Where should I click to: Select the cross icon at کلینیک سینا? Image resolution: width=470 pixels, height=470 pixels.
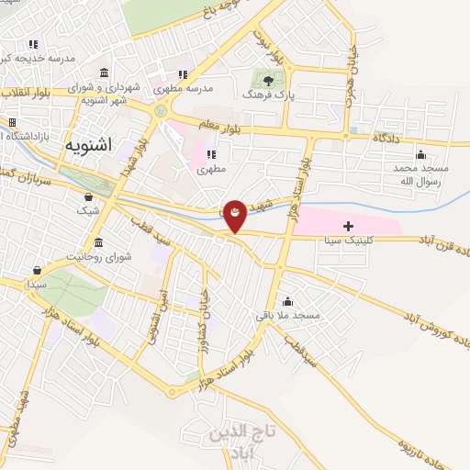point(348,226)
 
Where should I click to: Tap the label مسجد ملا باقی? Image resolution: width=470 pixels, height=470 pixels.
point(289,315)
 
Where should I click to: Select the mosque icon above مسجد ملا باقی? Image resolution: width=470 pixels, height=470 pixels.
point(288,301)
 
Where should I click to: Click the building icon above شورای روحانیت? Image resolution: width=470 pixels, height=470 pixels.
point(98,242)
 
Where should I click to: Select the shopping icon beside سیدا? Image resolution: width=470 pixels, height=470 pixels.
point(37,271)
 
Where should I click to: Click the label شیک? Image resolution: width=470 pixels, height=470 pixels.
point(88,210)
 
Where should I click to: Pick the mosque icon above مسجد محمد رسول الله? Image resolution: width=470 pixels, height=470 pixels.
point(420,154)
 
